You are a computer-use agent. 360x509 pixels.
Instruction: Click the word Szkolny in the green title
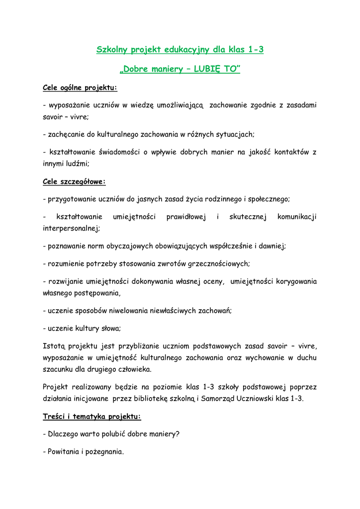pos(112,49)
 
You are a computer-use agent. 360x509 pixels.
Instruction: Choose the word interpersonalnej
pos(71,228)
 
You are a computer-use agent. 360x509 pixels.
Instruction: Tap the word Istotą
pos(54,346)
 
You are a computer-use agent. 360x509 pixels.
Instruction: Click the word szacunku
pos(58,369)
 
